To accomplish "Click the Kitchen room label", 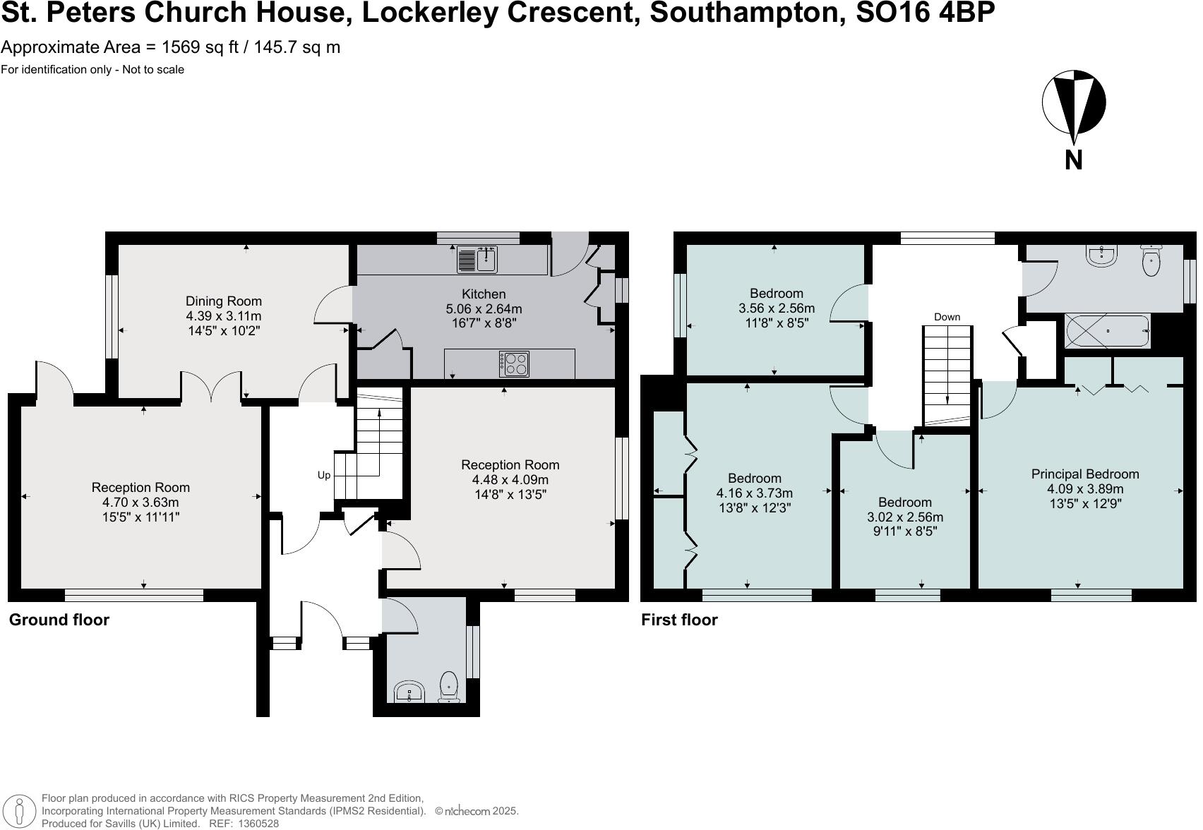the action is (x=484, y=294).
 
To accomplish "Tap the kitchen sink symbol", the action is (x=477, y=259).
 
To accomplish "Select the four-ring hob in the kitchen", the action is (x=514, y=364).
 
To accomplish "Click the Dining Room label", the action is (x=223, y=301).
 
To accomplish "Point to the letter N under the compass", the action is (x=1074, y=160).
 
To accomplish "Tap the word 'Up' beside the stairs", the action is (x=324, y=476).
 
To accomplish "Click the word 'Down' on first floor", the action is (x=947, y=317).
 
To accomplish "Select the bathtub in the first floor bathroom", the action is (x=1108, y=331).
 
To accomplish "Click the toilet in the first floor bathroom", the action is (x=1151, y=260).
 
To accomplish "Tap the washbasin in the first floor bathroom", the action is (x=1101, y=256).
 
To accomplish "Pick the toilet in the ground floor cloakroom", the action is (x=448, y=687).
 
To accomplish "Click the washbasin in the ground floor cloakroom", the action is (x=409, y=692).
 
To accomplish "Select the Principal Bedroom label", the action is (x=1085, y=474).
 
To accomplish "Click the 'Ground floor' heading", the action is (x=59, y=620).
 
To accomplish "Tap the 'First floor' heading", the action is (x=679, y=620).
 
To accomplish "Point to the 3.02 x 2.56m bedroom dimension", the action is (x=905, y=517).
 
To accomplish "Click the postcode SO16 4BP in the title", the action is (x=925, y=12).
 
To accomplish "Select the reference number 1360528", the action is (x=259, y=824).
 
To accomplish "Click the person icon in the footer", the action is (x=19, y=811).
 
